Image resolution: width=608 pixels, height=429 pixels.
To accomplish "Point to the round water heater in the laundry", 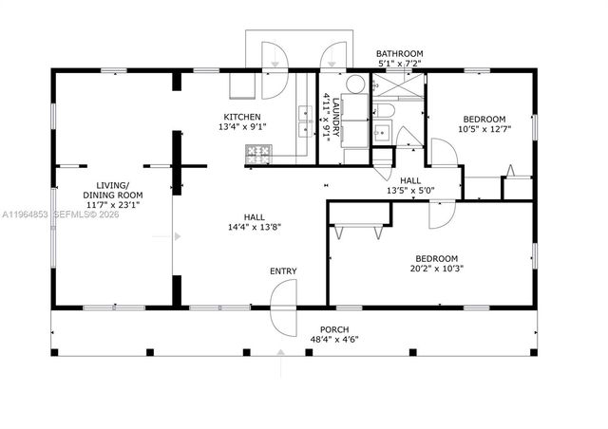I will pyautogui.click(x=355, y=85).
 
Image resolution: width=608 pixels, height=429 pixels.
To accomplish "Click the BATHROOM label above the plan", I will pyautogui.click(x=399, y=54).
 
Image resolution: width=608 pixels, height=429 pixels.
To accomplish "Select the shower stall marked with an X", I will pyautogui.click(x=397, y=88).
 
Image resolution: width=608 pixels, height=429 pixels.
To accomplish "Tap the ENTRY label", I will pyautogui.click(x=282, y=271).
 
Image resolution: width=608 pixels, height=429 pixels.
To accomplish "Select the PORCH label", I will pyautogui.click(x=334, y=329).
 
